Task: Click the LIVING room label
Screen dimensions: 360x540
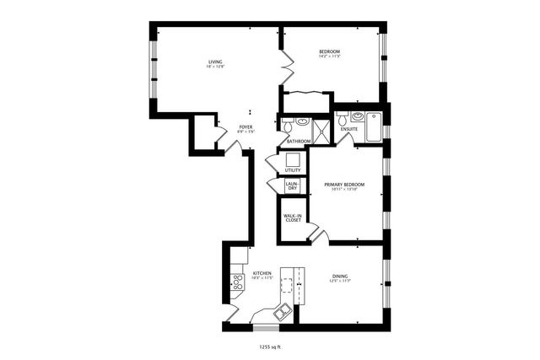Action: point(215,62)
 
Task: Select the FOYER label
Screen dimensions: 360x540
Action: point(246,126)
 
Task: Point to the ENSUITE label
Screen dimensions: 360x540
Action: point(348,129)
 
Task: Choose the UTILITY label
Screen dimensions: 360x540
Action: point(292,170)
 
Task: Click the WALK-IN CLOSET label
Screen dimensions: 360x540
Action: point(292,218)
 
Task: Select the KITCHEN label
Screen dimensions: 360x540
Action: point(262,273)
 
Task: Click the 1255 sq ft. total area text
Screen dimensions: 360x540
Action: point(270,345)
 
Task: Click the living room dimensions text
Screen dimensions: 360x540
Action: point(215,67)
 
